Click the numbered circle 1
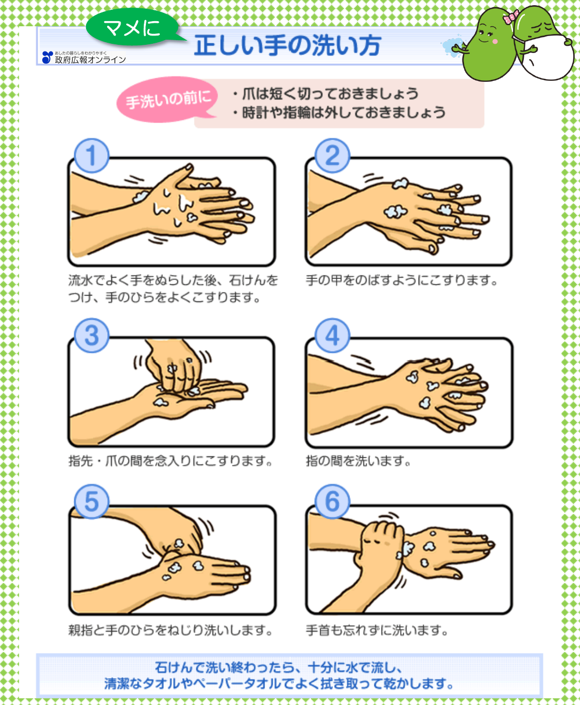click(x=91, y=156)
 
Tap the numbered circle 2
click(x=332, y=156)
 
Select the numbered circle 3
click(x=91, y=335)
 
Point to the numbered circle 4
click(x=332, y=335)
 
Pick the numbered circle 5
click(x=91, y=501)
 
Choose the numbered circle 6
click(x=332, y=501)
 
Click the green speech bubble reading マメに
click(x=132, y=28)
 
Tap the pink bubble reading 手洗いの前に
click(x=168, y=99)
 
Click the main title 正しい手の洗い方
click(x=287, y=45)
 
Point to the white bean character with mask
click(x=546, y=51)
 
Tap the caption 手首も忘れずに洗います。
click(x=377, y=630)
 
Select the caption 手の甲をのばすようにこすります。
click(x=402, y=281)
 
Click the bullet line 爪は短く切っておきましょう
click(x=330, y=94)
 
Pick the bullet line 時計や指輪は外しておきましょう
click(x=343, y=112)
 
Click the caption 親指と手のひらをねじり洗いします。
click(x=171, y=630)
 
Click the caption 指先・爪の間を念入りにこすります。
click(x=171, y=460)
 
